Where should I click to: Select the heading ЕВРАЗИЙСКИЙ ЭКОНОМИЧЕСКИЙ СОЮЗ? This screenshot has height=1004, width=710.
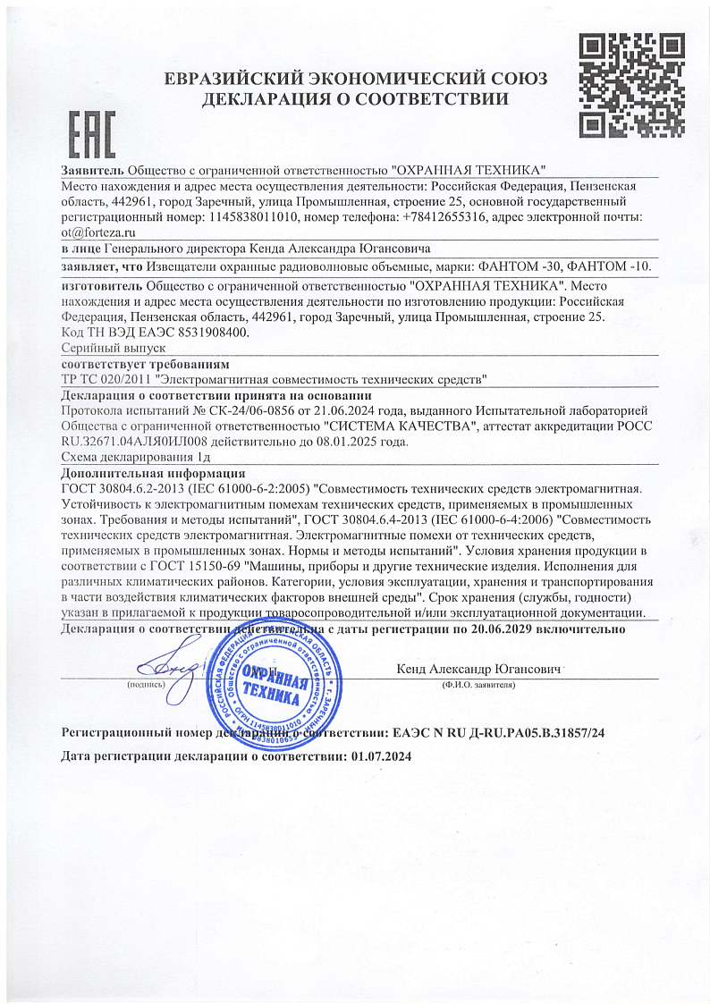355,79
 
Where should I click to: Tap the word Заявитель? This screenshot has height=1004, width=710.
92,171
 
